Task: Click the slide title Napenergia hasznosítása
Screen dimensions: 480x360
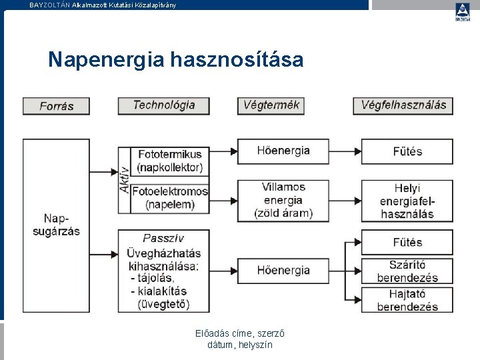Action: [175, 61]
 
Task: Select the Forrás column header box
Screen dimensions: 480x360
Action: [57, 106]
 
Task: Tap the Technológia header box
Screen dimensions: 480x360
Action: [164, 105]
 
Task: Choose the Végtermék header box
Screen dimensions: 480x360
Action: [271, 105]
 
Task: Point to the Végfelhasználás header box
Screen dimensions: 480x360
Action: [404, 105]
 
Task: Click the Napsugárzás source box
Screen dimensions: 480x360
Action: [57, 225]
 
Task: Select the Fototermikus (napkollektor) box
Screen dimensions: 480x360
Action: [169, 161]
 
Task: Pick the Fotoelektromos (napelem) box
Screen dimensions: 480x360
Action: [170, 198]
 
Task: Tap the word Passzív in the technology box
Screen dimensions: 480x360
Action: [163, 238]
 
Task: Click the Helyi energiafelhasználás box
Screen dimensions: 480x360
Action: [407, 201]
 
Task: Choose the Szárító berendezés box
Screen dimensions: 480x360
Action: [407, 271]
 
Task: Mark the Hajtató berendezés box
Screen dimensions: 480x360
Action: [407, 300]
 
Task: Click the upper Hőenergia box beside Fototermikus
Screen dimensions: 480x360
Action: [283, 151]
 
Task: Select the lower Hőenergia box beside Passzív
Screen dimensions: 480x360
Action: [283, 270]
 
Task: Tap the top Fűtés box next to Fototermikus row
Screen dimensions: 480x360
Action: [407, 151]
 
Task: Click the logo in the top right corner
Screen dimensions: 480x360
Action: [462, 12]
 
